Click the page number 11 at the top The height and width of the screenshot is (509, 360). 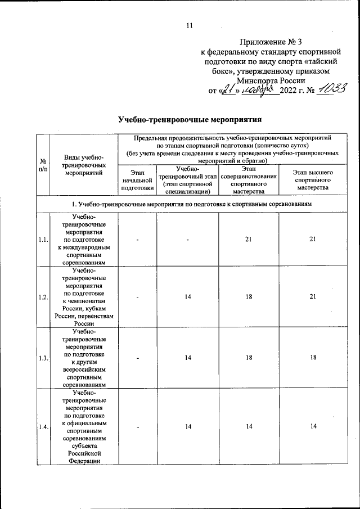click(190, 24)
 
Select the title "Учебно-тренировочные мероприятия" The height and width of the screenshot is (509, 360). click(190, 120)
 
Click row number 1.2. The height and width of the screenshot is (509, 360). click(42, 297)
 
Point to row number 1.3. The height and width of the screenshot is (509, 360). click(42, 358)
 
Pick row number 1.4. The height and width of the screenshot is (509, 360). click(42, 427)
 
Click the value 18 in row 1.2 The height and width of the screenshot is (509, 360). click(248, 297)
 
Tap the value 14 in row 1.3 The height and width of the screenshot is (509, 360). click(187, 358)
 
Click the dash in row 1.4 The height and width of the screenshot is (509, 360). click(137, 427)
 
